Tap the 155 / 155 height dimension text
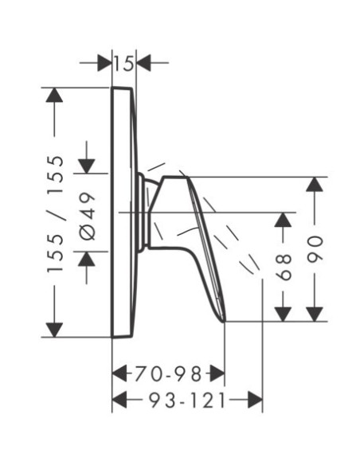[56, 213]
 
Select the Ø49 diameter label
[88, 216]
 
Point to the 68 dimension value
[284, 267]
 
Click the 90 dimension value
[315, 249]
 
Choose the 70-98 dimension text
[168, 373]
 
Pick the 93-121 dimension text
[187, 400]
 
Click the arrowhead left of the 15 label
[104, 63]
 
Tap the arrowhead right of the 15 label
[143, 63]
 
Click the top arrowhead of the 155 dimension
[54, 95]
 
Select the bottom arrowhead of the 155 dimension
[54, 330]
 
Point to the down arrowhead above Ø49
[87, 166]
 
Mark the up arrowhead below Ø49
[87, 259]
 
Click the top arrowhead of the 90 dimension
[315, 184]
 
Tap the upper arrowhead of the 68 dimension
[283, 220]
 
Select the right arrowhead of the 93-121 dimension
[256, 400]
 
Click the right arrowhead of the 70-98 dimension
[217, 373]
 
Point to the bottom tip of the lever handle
[225, 321]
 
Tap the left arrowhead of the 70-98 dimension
[119, 373]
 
